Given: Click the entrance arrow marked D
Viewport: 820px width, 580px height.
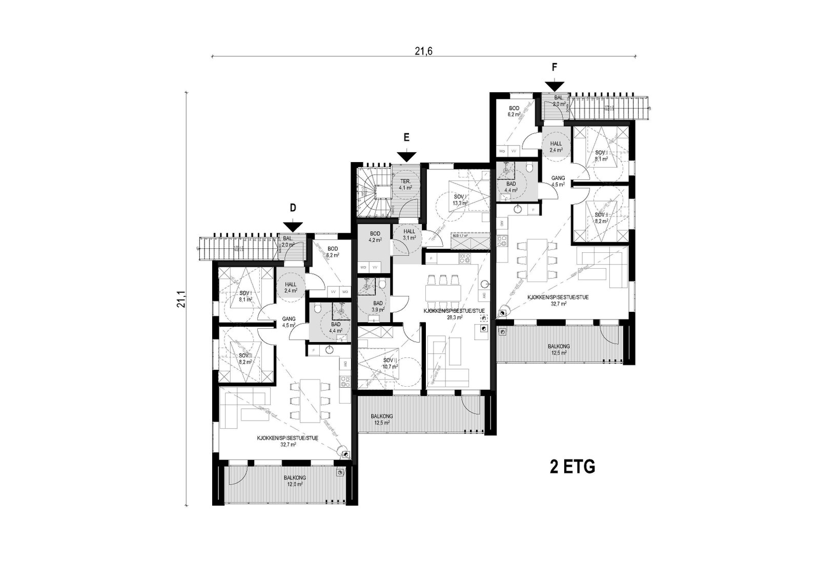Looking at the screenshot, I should click(293, 226).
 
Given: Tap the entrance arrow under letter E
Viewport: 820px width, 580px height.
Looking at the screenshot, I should click(406, 156).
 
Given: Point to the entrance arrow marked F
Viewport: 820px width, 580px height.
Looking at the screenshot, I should click(555, 86).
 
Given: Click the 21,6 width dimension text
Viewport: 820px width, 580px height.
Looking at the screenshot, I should click(424, 51).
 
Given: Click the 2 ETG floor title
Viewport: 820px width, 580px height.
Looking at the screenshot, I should click(572, 467).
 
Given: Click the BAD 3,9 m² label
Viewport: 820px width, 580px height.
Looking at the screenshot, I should click(378, 306).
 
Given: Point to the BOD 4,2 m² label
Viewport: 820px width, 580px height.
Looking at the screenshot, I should click(375, 236).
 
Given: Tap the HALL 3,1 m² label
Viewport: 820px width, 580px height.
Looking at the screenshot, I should click(409, 235).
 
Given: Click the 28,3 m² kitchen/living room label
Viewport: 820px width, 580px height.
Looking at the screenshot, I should click(455, 314).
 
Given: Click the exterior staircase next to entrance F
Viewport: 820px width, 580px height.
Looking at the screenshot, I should click(608, 108).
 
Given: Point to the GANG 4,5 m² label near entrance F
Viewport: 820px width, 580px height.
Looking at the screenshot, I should click(558, 181).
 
